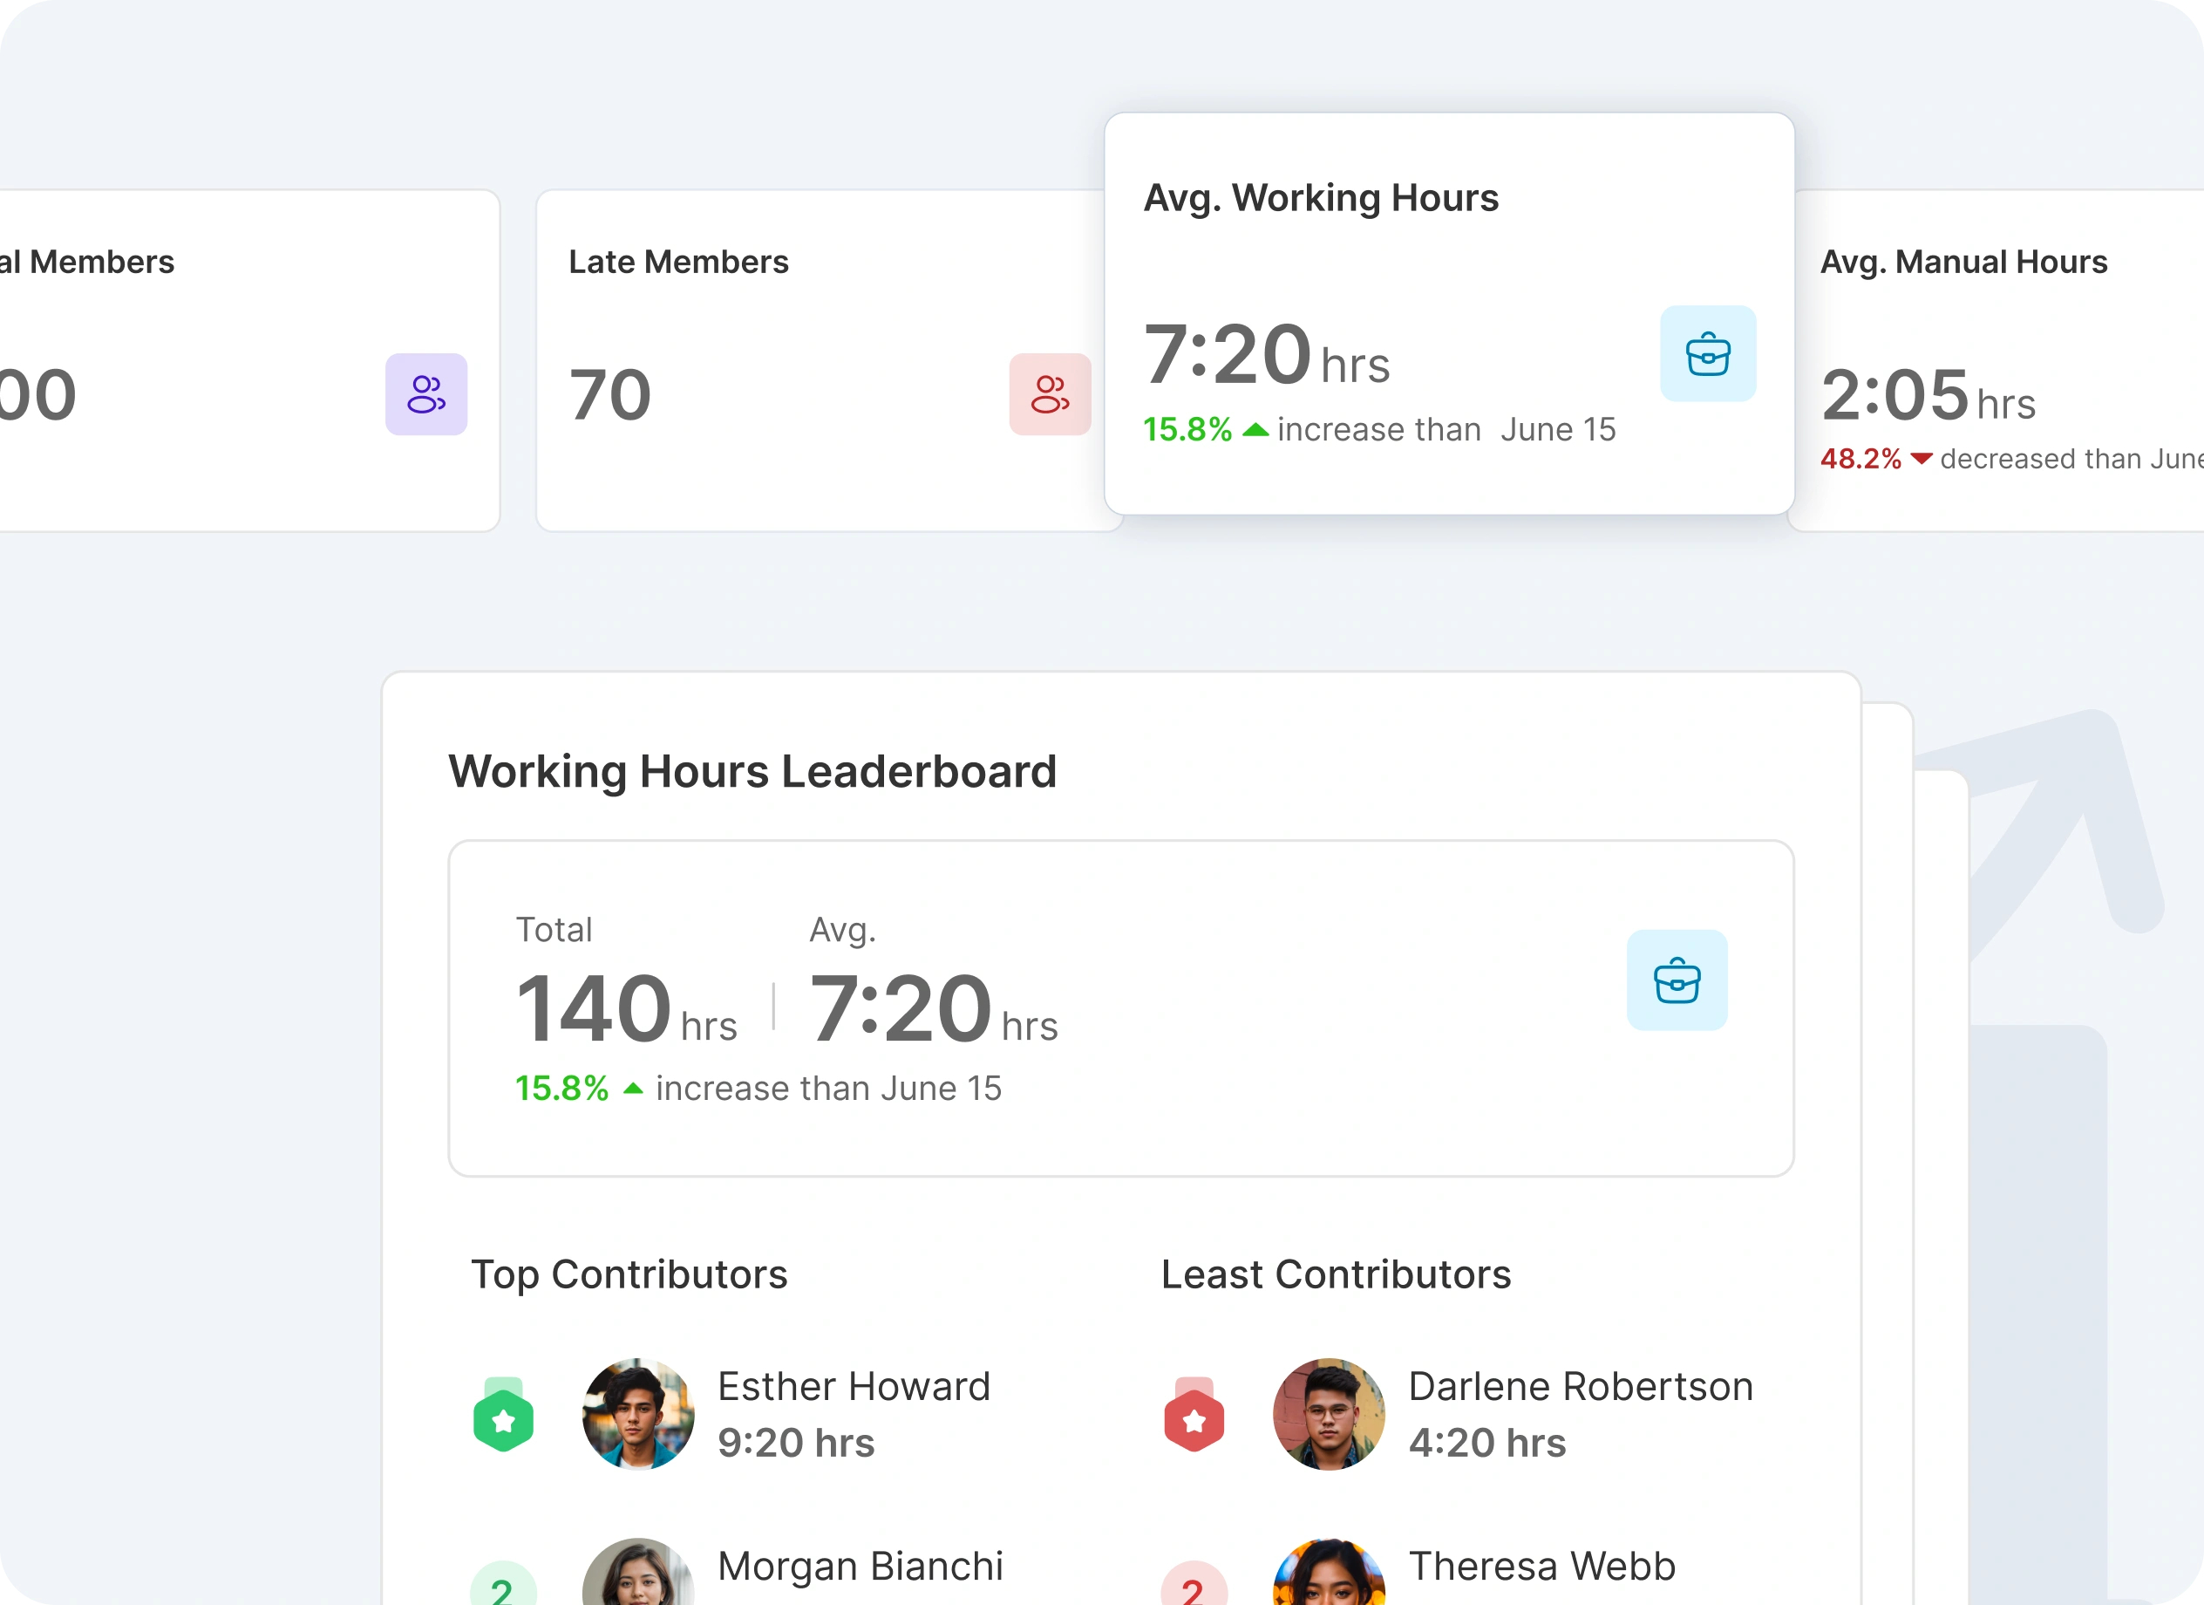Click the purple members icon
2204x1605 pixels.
click(425, 393)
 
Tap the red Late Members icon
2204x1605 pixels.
click(1050, 393)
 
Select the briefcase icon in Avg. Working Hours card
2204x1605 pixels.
click(1707, 354)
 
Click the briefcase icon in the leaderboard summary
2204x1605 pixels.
click(1677, 980)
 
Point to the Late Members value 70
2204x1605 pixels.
click(610, 394)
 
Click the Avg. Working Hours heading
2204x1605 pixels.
click(1321, 197)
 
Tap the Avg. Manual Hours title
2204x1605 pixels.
click(1963, 262)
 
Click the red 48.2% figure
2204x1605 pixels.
click(1860, 459)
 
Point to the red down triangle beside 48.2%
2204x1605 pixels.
click(1922, 459)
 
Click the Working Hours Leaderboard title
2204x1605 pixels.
click(752, 771)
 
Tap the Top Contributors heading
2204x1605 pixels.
click(629, 1274)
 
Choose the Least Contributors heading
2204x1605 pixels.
click(1337, 1274)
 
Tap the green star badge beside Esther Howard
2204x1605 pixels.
click(503, 1419)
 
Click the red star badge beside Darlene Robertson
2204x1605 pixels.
click(1194, 1419)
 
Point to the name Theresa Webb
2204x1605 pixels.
click(1542, 1566)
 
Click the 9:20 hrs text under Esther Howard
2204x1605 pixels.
click(796, 1443)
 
